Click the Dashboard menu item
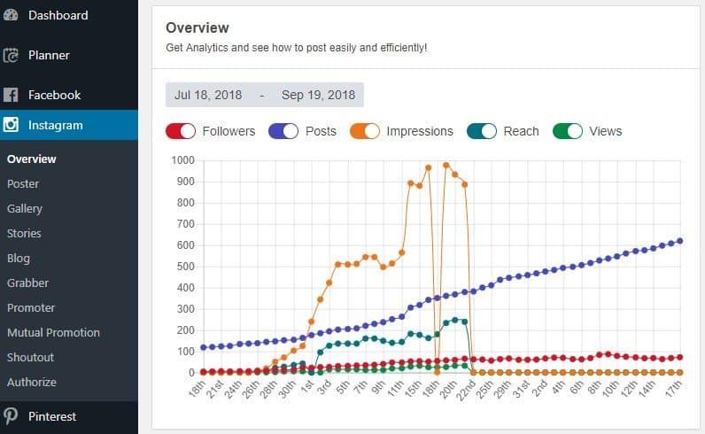[58, 15]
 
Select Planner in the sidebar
[49, 55]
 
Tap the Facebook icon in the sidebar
[11, 95]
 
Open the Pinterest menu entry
[52, 416]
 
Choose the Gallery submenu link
[25, 209]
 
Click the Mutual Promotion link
[53, 333]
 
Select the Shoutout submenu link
[31, 358]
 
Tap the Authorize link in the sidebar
[32, 383]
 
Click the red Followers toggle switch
[181, 131]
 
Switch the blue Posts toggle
[283, 131]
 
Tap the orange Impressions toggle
[365, 131]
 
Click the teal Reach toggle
[482, 131]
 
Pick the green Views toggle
[568, 131]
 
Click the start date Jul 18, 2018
[208, 95]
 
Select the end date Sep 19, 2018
[318, 95]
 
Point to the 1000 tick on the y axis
[182, 160]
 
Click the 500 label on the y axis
[186, 267]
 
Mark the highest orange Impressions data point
[446, 166]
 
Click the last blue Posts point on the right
[680, 241]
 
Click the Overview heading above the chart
[198, 27]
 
